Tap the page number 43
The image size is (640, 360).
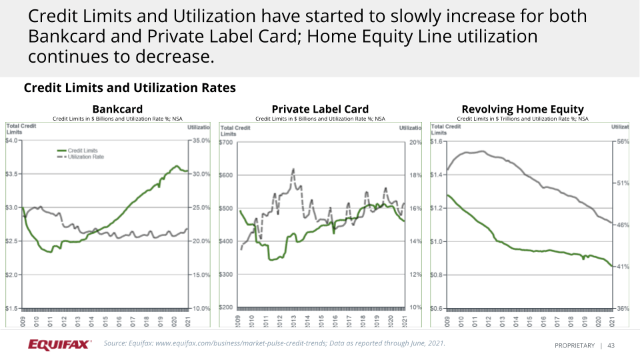[611, 345]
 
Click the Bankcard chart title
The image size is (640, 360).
[117, 109]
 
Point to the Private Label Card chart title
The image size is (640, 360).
[320, 109]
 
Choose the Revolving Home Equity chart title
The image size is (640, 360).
[523, 109]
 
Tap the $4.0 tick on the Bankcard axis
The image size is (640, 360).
[12, 141]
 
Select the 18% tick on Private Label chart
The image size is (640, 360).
[415, 175]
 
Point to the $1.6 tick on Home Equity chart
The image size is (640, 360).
[438, 141]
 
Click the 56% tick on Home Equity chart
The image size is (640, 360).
[623, 141]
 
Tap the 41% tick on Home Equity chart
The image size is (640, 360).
[623, 267]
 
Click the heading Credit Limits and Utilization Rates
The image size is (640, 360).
[129, 88]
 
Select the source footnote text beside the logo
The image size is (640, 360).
[274, 343]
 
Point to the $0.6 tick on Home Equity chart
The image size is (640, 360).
[438, 309]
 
